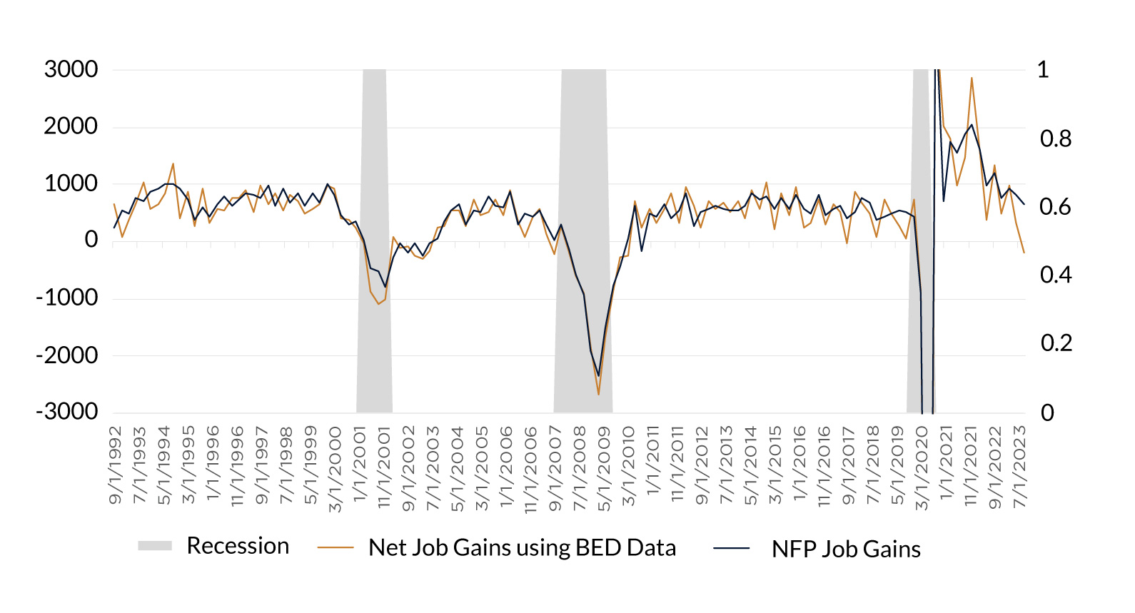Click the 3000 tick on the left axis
coord(71,69)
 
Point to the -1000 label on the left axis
coord(67,298)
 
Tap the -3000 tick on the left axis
coord(67,412)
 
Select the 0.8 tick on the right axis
coord(1056,139)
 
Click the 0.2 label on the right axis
coord(1056,343)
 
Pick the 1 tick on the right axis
coord(1043,70)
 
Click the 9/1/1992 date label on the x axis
coord(116,465)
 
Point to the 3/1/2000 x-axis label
coord(335,469)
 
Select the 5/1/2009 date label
coord(604,469)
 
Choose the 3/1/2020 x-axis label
coord(922,469)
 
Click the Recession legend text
coord(238,546)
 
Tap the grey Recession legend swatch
coord(155,546)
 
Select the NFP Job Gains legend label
coord(846,549)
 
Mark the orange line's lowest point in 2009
coord(598,394)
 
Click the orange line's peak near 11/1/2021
coord(972,78)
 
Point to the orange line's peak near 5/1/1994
coord(173,163)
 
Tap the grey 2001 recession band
coord(375,240)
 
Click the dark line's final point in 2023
coord(1024,204)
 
